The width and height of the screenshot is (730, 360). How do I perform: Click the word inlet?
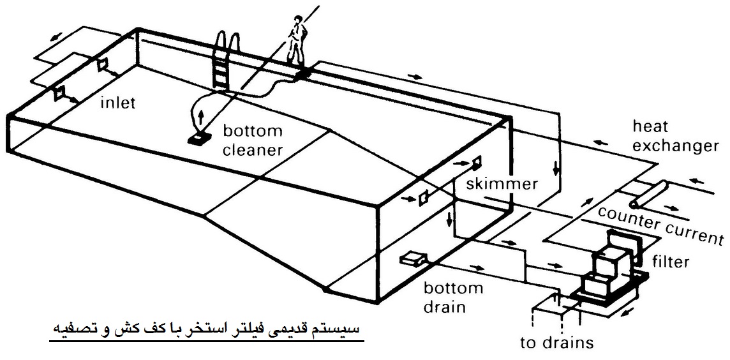(x=118, y=103)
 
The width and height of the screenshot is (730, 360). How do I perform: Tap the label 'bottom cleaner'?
(x=253, y=140)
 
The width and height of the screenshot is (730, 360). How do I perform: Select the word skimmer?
(x=502, y=183)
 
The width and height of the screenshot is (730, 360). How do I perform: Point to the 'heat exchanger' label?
(x=675, y=136)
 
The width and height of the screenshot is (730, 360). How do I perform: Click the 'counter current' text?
(x=661, y=225)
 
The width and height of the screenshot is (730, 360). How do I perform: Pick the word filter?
(x=671, y=261)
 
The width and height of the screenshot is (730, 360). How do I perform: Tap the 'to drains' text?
(x=557, y=343)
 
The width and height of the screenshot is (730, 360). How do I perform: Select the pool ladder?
(x=227, y=59)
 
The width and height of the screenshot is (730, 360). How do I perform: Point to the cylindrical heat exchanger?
(x=648, y=195)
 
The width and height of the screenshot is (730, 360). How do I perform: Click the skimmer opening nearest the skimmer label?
(x=476, y=162)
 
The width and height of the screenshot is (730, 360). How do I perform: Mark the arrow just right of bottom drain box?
(x=477, y=267)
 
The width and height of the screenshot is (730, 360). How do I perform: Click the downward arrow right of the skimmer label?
(x=556, y=169)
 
